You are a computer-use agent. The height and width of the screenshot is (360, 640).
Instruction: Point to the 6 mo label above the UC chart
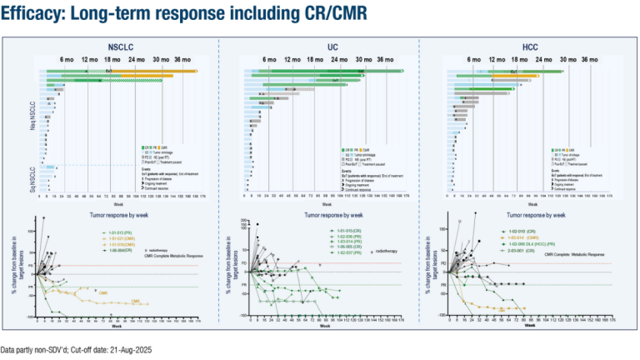click(269, 61)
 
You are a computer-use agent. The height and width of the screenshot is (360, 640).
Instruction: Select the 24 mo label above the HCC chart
click(543, 61)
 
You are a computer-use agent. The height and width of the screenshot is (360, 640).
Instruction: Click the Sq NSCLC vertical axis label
click(32, 178)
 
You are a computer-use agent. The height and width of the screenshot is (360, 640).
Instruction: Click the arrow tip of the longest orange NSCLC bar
click(197, 72)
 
